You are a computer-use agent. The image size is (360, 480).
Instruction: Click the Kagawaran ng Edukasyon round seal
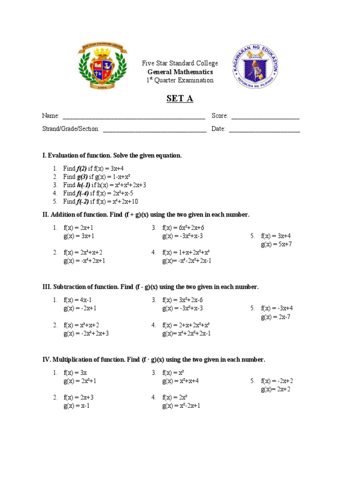coord(255,68)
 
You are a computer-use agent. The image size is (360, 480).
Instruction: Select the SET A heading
coord(180,99)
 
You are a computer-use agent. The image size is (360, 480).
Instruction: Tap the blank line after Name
coord(134,116)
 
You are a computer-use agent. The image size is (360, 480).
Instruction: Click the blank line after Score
coord(265,116)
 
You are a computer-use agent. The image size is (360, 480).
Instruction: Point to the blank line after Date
coord(264,129)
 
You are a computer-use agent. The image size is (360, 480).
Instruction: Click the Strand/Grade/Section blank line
coord(155,129)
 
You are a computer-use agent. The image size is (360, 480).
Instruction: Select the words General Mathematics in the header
coord(180,72)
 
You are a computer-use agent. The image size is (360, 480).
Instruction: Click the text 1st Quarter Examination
coord(180,80)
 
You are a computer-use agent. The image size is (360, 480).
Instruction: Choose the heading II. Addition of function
coord(146,215)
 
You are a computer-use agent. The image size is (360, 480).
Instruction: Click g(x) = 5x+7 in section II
coord(277,244)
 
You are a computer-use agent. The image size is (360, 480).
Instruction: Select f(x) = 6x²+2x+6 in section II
coord(183,227)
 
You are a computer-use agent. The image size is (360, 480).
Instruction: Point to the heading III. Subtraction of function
coord(150,287)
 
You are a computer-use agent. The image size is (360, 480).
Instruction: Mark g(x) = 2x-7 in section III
coord(277,317)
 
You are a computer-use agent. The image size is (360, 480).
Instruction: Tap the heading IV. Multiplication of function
coord(154,360)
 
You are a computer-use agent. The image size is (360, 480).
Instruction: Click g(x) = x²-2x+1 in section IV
coord(181,406)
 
